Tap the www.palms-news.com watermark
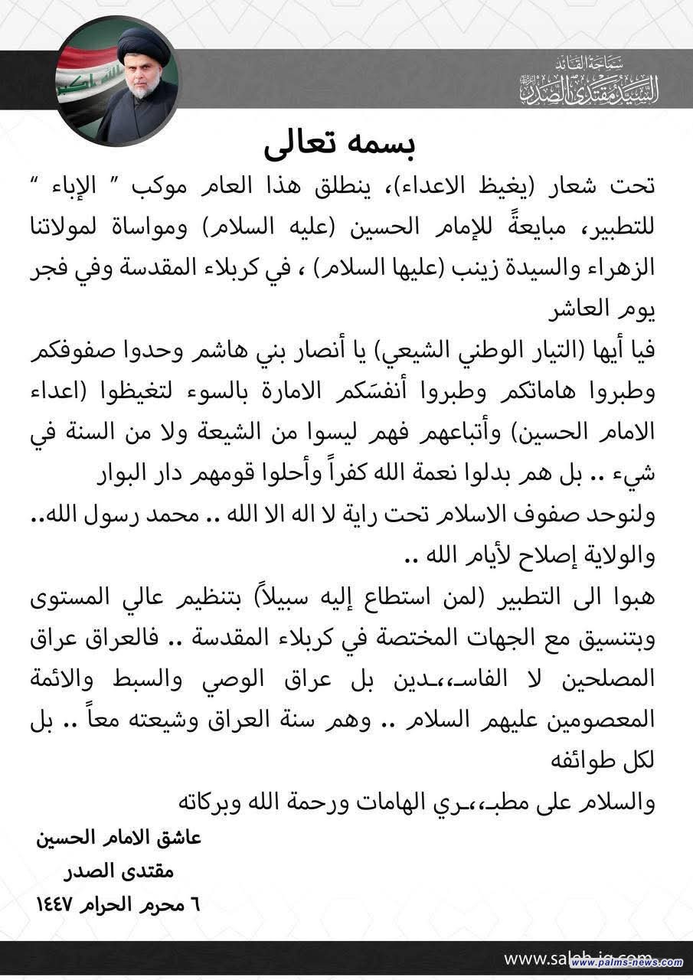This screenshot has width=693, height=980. coord(628,962)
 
